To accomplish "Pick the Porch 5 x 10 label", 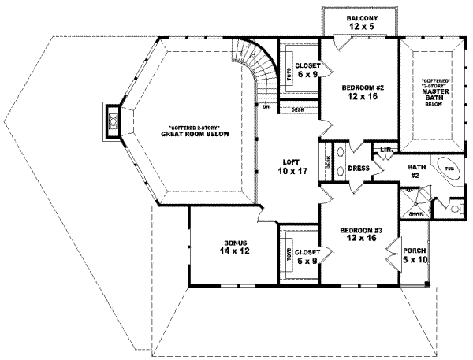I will coord(413,255).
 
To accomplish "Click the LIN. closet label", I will coord(386,149).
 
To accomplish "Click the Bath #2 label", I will coord(416,172).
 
